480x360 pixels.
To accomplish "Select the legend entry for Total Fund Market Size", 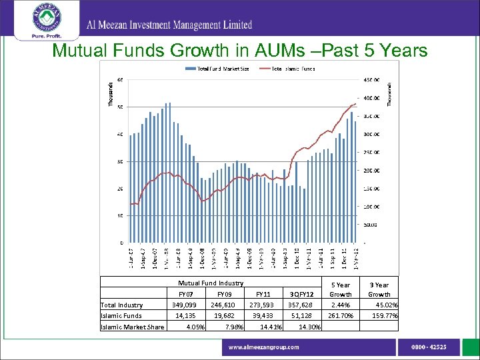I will pos(221,69).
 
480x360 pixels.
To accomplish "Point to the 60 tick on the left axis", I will pos(119,80).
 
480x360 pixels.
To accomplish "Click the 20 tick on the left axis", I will pos(119,189).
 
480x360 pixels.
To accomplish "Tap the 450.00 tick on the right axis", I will pos(371,80).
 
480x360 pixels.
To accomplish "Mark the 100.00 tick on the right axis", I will pos(371,206).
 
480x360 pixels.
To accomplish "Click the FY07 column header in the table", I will pos(186,294).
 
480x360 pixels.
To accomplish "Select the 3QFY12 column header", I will pos(301,294).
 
